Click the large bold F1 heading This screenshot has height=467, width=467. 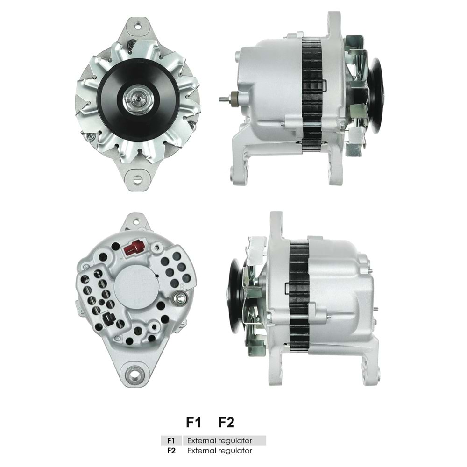coord(193,423)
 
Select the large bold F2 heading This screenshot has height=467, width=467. coord(226,423)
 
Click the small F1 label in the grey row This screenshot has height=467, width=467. coord(171,440)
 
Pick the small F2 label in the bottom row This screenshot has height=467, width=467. coord(171,451)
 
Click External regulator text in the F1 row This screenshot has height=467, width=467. coord(219,440)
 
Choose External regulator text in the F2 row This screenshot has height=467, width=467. coord(219,451)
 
